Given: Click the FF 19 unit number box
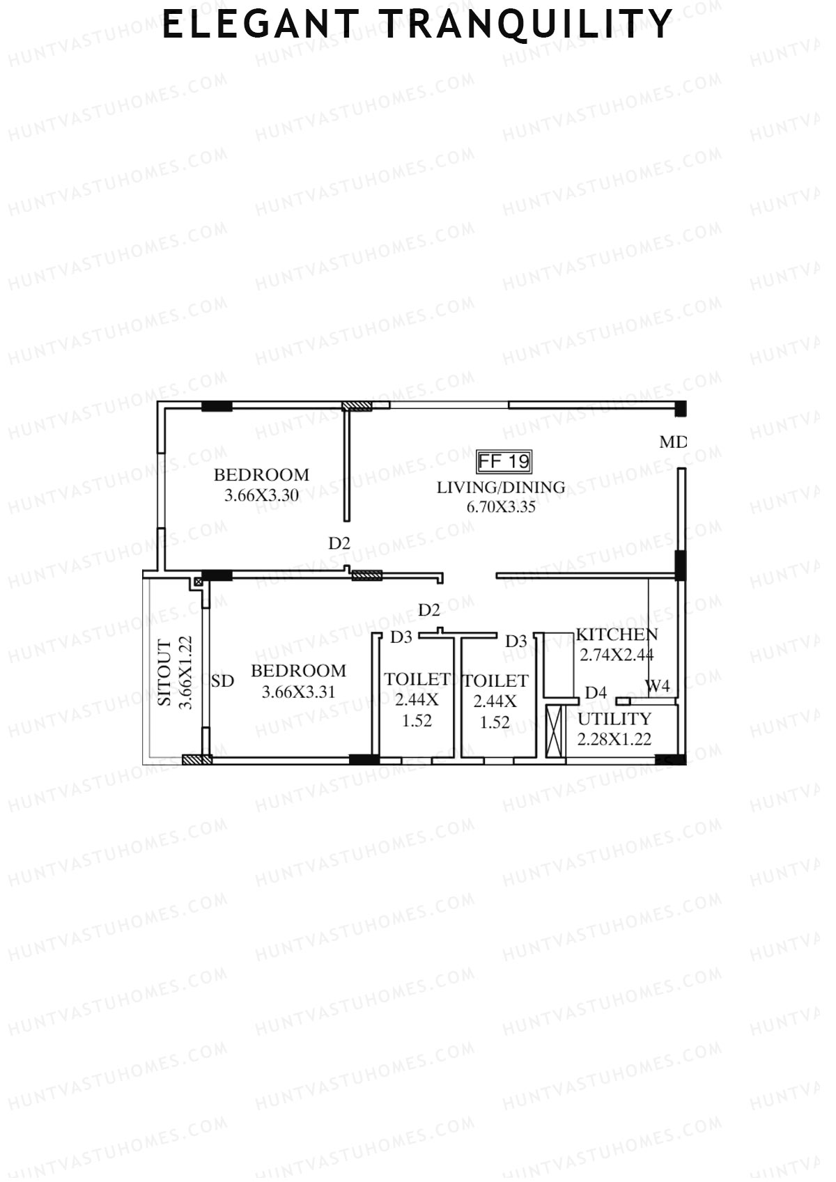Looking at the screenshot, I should tap(504, 461).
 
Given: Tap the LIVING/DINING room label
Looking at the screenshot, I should tap(500, 487).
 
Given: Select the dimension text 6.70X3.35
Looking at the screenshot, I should tap(500, 507).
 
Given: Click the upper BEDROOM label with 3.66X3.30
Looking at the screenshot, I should tap(261, 475).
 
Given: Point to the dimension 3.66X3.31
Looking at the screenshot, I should tap(298, 692).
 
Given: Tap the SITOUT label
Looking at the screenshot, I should tap(164, 673).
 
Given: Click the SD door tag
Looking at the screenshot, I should tap(222, 681).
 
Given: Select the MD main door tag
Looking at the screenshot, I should tap(672, 442).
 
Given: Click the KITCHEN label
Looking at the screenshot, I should tap(616, 635).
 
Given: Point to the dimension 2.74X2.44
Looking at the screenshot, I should tap(616, 655).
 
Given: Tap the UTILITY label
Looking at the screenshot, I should tap(614, 719).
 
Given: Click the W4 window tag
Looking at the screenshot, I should tap(657, 686).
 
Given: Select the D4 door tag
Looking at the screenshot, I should tap(596, 692).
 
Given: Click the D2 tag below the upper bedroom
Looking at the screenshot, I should tap(339, 543).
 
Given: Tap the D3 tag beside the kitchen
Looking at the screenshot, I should tap(516, 641).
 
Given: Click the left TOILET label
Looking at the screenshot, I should tap(417, 679).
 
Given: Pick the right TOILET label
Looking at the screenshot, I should tap(495, 681).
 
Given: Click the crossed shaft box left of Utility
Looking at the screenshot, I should tap(555, 731).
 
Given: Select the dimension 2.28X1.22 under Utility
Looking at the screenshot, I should tap(614, 739).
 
